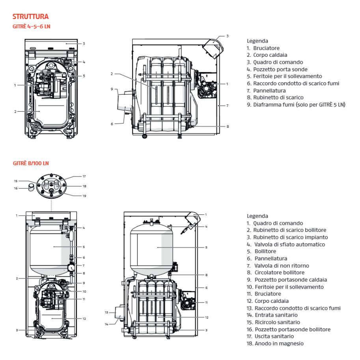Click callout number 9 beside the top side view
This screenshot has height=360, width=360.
(x=112, y=89)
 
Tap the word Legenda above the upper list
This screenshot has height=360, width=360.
(x=257, y=40)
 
